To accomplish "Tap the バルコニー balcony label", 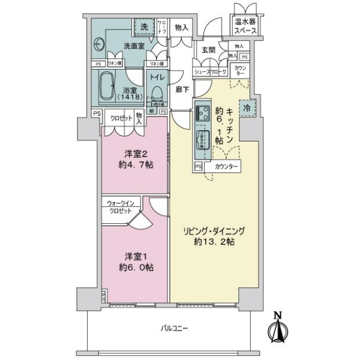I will click(175, 328).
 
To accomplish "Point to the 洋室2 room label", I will click(134, 158).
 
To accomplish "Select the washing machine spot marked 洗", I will click(144, 27).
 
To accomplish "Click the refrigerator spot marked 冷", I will click(247, 108).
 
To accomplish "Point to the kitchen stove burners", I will click(200, 112).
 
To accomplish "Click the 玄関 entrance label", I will click(208, 50).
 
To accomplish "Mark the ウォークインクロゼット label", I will click(121, 208).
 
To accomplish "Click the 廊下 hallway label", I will click(182, 90).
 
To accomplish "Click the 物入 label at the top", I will click(182, 27).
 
